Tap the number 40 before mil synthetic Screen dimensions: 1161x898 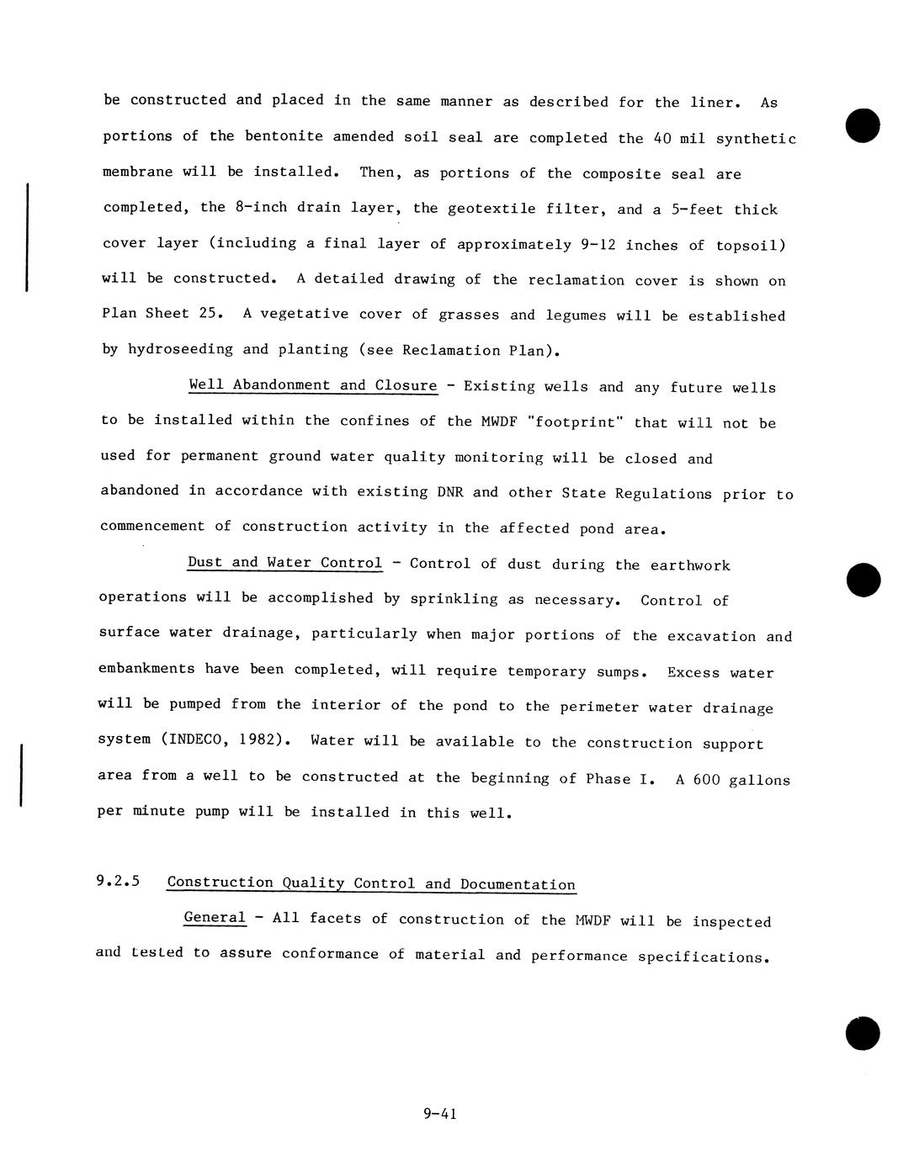(664, 138)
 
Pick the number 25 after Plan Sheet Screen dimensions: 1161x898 (209, 313)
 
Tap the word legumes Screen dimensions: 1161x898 (576, 315)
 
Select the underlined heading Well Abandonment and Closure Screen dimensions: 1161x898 (313, 385)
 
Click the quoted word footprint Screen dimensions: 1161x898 (575, 421)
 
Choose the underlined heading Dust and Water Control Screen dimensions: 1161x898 (284, 563)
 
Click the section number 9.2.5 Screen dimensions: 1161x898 (118, 882)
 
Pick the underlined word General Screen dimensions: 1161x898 (215, 918)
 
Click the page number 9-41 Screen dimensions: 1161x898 (439, 1114)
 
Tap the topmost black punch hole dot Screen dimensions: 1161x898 (863, 125)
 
